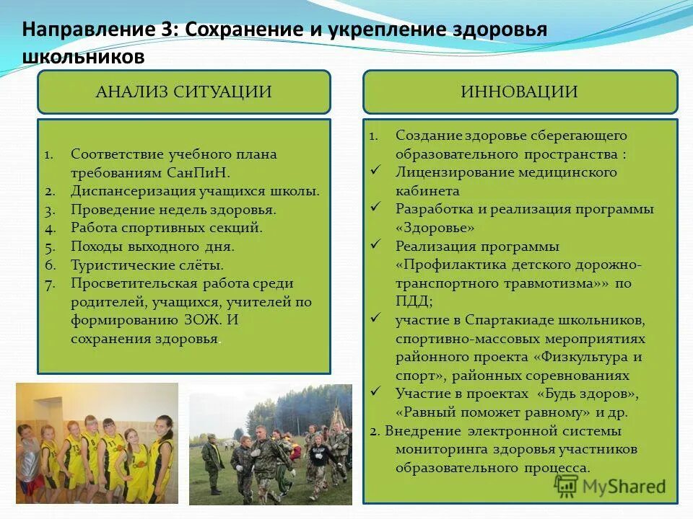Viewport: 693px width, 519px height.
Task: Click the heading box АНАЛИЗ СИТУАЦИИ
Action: click(183, 92)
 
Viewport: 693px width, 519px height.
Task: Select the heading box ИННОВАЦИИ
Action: click(520, 92)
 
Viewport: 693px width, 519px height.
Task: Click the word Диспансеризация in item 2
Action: click(133, 191)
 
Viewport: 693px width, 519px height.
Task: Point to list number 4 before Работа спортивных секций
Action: click(49, 228)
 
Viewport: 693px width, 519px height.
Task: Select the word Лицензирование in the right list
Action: click(446, 172)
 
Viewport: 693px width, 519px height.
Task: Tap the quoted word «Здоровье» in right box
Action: click(435, 228)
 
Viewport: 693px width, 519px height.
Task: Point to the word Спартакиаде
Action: click(513, 319)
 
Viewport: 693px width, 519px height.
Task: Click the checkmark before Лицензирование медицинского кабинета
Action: click(375, 171)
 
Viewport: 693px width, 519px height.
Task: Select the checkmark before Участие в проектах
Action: click(375, 392)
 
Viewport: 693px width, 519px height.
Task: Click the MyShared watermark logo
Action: click(610, 486)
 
